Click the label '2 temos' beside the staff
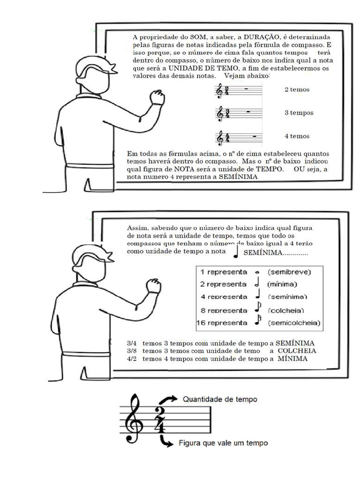(297, 89)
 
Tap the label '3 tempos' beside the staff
(299, 113)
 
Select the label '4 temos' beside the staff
(297, 136)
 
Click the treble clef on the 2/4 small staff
(219, 91)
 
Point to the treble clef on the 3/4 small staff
(219, 114)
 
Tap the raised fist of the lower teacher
(153, 286)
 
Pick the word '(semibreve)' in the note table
(289, 272)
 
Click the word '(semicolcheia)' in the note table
(293, 323)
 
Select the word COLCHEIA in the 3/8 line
(297, 351)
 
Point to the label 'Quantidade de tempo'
(219, 400)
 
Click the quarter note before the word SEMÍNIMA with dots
(236, 252)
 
